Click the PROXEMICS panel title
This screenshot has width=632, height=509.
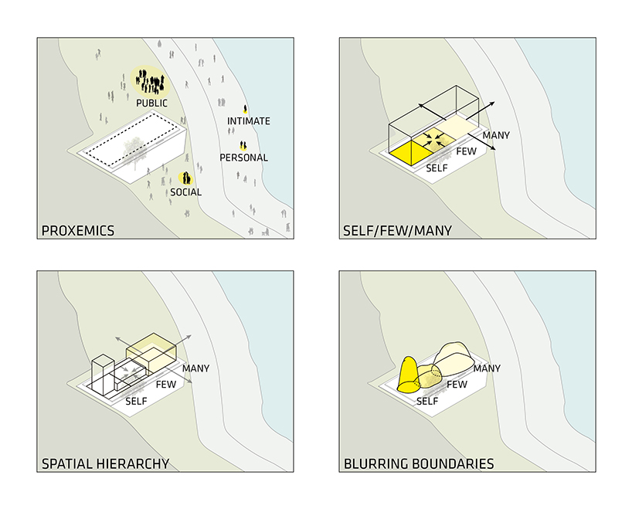(77, 230)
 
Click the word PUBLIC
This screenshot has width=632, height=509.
(151, 103)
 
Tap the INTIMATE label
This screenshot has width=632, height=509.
(249, 121)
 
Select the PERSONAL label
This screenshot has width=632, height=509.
(243, 158)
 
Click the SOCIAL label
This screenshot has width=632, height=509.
(185, 192)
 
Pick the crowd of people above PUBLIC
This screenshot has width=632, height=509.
(148, 80)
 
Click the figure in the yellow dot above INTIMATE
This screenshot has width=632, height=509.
(246, 110)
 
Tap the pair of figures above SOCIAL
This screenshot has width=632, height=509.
(185, 178)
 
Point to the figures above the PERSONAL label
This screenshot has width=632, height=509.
(243, 145)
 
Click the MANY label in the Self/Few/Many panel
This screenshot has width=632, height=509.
(496, 135)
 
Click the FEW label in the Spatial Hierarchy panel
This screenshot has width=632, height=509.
(166, 384)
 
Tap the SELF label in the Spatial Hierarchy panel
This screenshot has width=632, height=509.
(136, 401)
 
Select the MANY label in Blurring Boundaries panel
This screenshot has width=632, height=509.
(487, 368)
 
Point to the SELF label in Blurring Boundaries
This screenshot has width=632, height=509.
(427, 401)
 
